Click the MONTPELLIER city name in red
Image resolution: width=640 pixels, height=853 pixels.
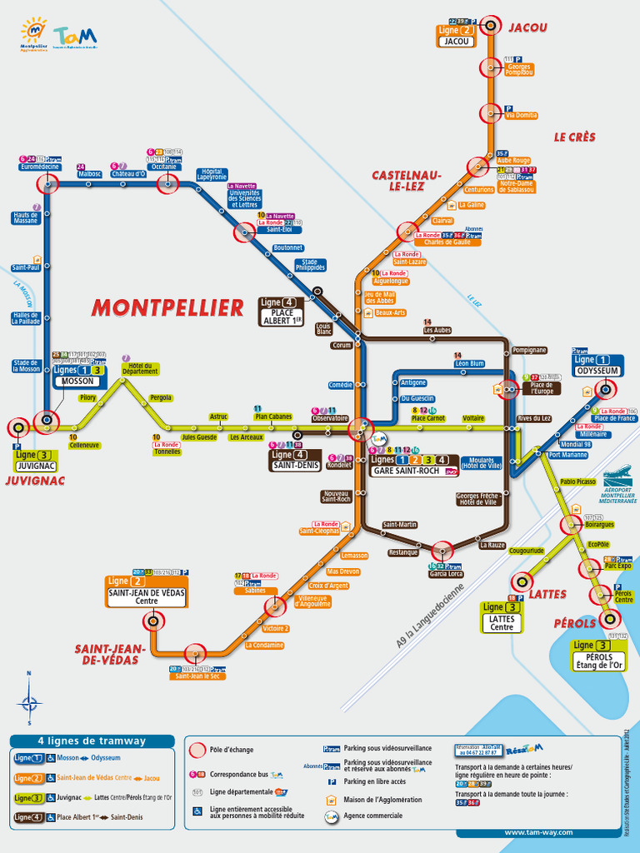pyautogui.click(x=167, y=307)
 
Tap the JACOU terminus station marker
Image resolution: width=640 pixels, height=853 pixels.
pyautogui.click(x=491, y=25)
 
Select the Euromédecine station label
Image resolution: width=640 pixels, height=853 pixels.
pyautogui.click(x=40, y=167)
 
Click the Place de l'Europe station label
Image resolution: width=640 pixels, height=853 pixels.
pyautogui.click(x=542, y=387)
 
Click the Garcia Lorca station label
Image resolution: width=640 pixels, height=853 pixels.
pyautogui.click(x=446, y=574)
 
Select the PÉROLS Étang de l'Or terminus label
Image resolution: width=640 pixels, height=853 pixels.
pyautogui.click(x=598, y=661)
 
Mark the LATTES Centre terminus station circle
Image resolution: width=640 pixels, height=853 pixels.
pyautogui.click(x=522, y=581)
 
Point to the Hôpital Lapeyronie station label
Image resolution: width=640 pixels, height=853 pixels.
pyautogui.click(x=212, y=175)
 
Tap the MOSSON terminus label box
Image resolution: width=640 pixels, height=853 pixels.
pyautogui.click(x=79, y=382)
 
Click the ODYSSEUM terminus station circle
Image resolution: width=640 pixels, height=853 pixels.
pyautogui.click(x=606, y=388)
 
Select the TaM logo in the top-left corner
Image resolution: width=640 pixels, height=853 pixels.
pyautogui.click(x=75, y=36)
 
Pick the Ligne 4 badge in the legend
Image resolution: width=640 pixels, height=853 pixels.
pyautogui.click(x=28, y=818)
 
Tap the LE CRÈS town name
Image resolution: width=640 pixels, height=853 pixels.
pyautogui.click(x=575, y=137)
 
